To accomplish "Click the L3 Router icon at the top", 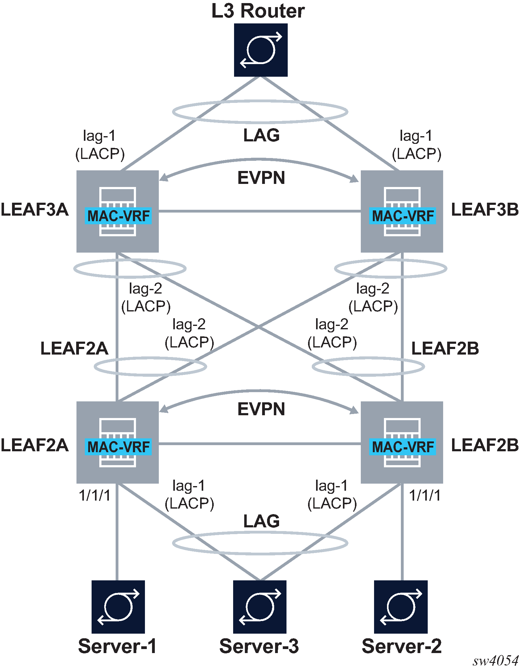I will pyautogui.click(x=261, y=50).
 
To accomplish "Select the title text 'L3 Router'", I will pyautogui.click(x=258, y=11).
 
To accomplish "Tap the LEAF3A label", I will pyautogui.click(x=35, y=210).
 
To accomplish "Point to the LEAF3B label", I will pyautogui.click(x=485, y=210).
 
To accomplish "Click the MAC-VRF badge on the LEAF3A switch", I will pyautogui.click(x=118, y=216).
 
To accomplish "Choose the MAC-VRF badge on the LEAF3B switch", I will pyautogui.click(x=403, y=216).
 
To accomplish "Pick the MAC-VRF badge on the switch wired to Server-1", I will pyautogui.click(x=118, y=447).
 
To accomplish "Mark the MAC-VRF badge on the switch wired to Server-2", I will pyautogui.click(x=403, y=447).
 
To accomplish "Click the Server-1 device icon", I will pyautogui.click(x=118, y=607).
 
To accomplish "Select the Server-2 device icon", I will pyautogui.click(x=401, y=607).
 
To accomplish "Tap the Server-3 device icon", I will pyautogui.click(x=260, y=607).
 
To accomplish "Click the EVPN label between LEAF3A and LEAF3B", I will pyautogui.click(x=261, y=178).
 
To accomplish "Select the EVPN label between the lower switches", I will pyautogui.click(x=261, y=409).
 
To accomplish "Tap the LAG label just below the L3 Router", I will pyautogui.click(x=262, y=135).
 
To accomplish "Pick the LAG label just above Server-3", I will pyautogui.click(x=262, y=521).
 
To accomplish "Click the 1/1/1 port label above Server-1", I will pyautogui.click(x=95, y=496).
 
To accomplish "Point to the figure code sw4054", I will pyautogui.click(x=496, y=661).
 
